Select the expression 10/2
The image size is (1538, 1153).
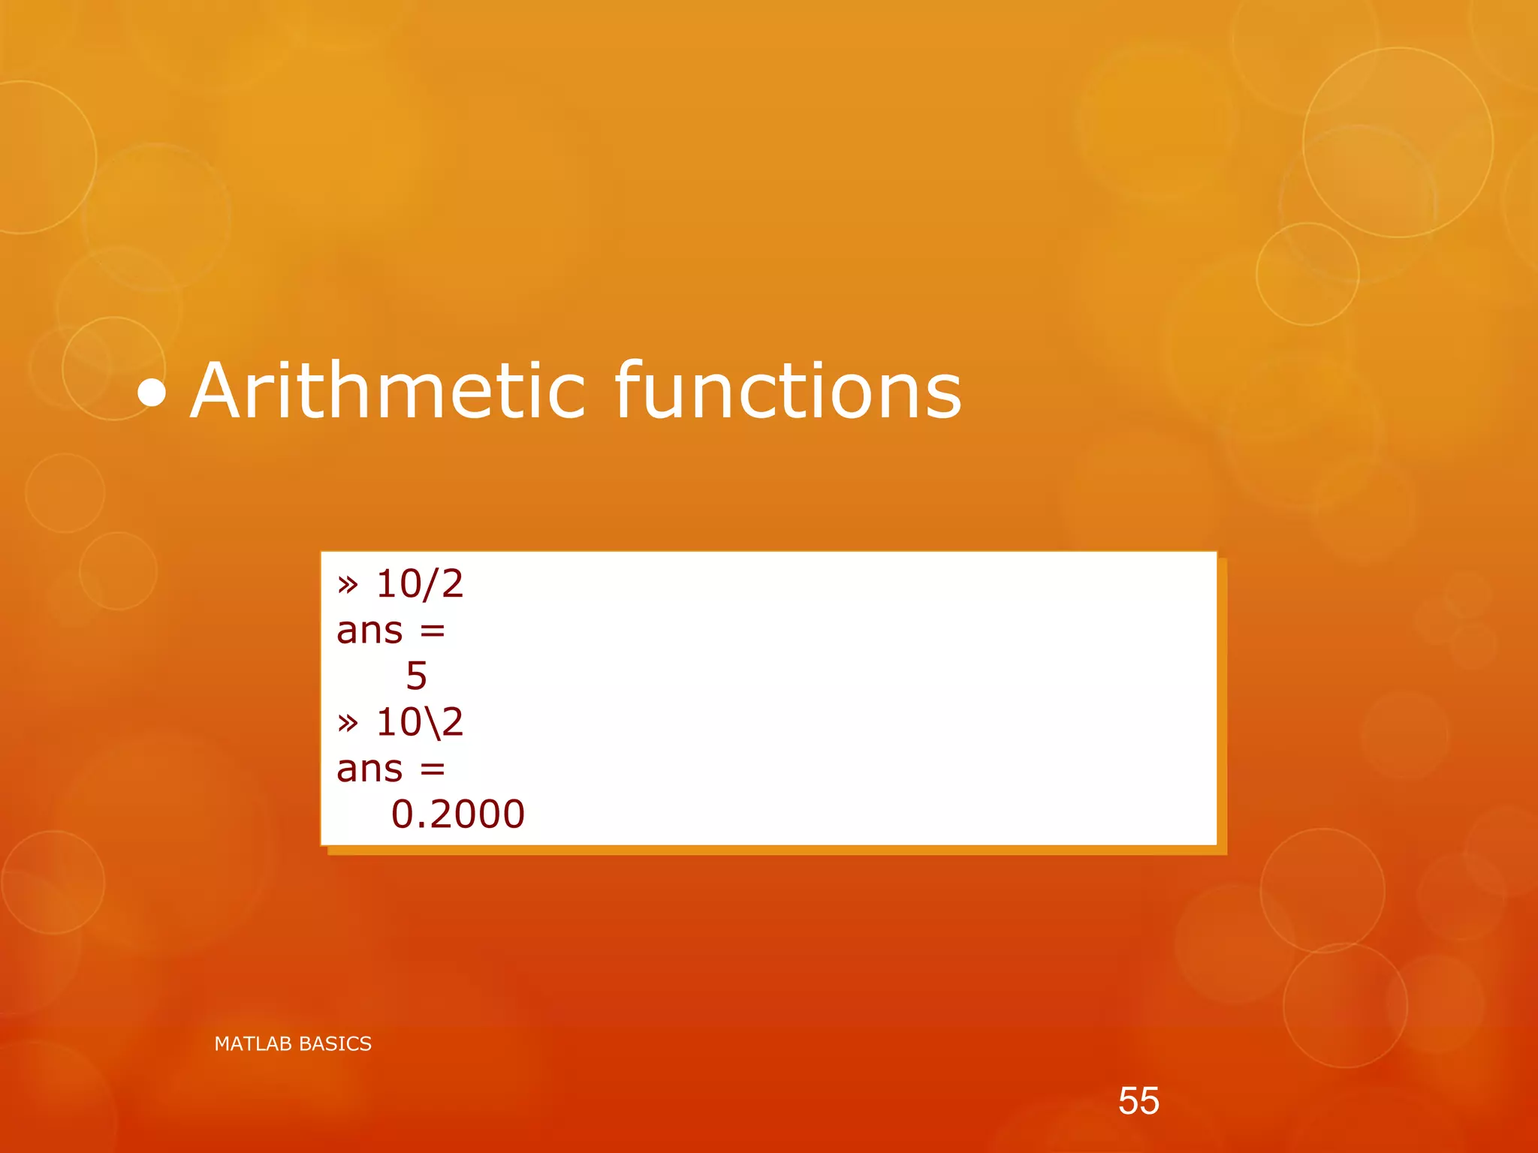[x=420, y=584]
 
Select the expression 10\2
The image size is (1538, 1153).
[x=420, y=722]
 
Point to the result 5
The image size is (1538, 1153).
[x=417, y=676]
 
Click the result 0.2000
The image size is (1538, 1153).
[x=457, y=814]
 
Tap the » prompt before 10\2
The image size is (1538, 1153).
[x=348, y=724]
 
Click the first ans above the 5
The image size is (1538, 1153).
[x=369, y=631]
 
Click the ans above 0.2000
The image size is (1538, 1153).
[x=369, y=769]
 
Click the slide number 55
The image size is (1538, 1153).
[x=1138, y=1101]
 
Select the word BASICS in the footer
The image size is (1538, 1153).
[x=335, y=1044]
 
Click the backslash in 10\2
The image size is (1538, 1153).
[x=430, y=724]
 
